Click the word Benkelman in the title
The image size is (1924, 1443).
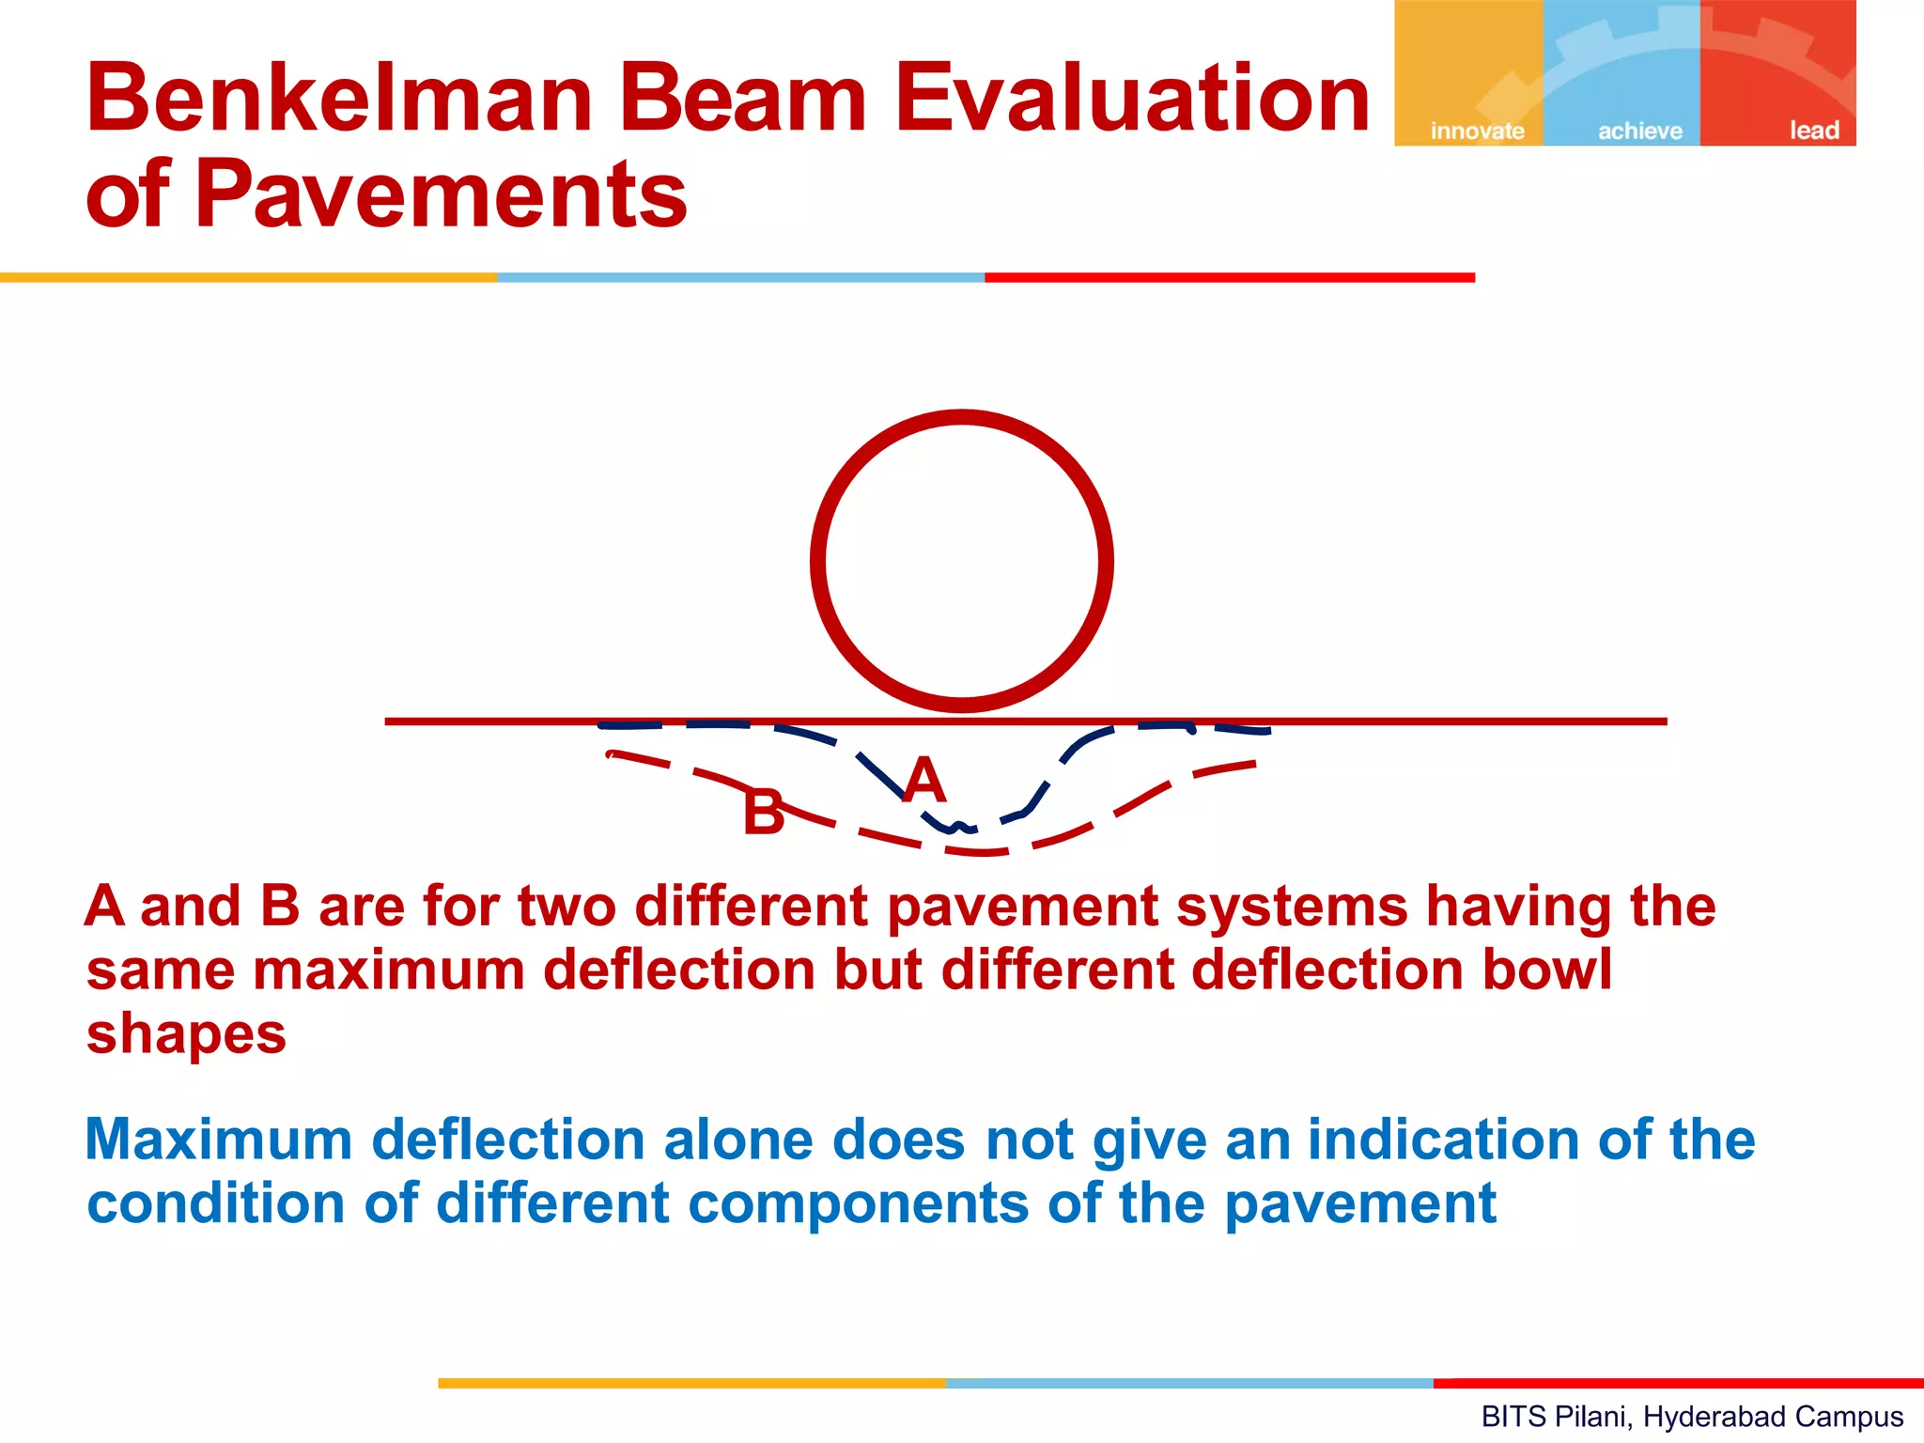point(339,98)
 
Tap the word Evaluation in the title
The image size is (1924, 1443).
point(1132,98)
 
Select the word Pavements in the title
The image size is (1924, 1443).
point(441,194)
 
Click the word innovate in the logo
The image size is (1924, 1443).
point(1477,131)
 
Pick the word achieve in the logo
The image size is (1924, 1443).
point(1640,131)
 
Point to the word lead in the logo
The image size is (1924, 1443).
point(1814,131)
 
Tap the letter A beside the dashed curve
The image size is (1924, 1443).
point(924,781)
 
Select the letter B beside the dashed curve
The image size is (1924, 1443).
point(763,813)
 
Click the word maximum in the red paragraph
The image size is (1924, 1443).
point(388,970)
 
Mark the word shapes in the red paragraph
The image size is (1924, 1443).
point(186,1035)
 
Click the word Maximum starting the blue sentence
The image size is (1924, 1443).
point(218,1140)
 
